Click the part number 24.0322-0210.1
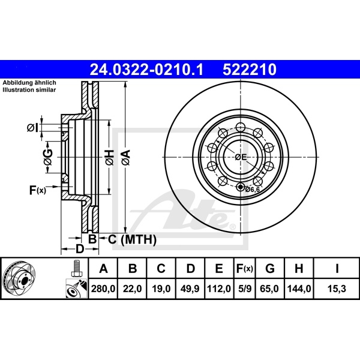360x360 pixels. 146,70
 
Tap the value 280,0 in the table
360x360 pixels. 103,289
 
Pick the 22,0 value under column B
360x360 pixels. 133,289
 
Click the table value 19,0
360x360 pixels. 161,289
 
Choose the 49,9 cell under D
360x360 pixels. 190,289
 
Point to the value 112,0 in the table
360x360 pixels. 219,289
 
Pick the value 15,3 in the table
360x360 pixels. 338,289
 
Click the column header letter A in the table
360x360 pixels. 103,268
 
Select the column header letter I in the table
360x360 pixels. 338,268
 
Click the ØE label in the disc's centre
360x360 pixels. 240,157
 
